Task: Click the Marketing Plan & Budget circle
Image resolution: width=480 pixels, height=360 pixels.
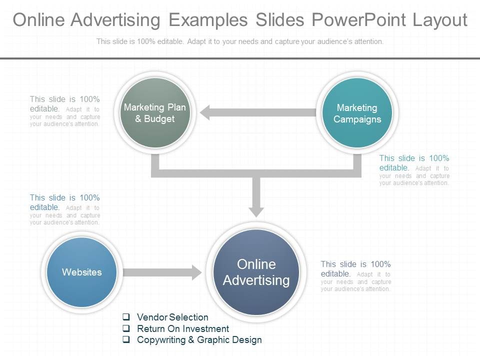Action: (155, 112)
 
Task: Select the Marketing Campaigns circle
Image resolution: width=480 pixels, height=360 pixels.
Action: (357, 113)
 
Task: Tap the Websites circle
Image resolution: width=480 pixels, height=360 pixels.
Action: (81, 272)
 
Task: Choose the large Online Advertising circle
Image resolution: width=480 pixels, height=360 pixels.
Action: (256, 272)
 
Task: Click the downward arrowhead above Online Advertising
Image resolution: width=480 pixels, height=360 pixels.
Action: (256, 209)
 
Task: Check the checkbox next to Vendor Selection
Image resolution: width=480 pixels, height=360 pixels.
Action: (126, 317)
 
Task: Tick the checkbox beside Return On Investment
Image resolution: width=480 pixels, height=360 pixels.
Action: (126, 328)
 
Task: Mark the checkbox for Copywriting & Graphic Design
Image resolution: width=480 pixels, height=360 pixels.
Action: (126, 340)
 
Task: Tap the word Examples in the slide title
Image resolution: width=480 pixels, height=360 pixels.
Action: (208, 20)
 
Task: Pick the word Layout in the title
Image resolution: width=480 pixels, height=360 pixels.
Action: (440, 20)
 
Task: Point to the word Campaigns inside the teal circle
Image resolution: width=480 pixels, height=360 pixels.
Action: (357, 119)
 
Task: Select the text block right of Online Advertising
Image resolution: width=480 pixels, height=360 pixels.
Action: (355, 276)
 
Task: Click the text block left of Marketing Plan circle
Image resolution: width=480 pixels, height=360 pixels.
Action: (64, 111)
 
